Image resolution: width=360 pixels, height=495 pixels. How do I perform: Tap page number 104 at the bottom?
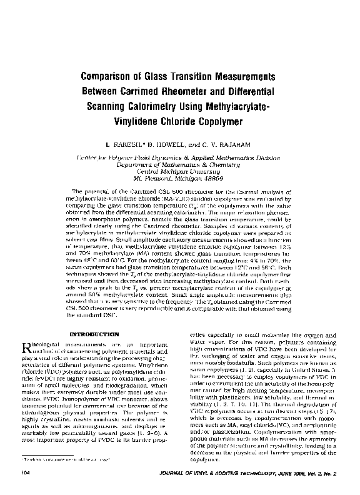pos(25,474)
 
